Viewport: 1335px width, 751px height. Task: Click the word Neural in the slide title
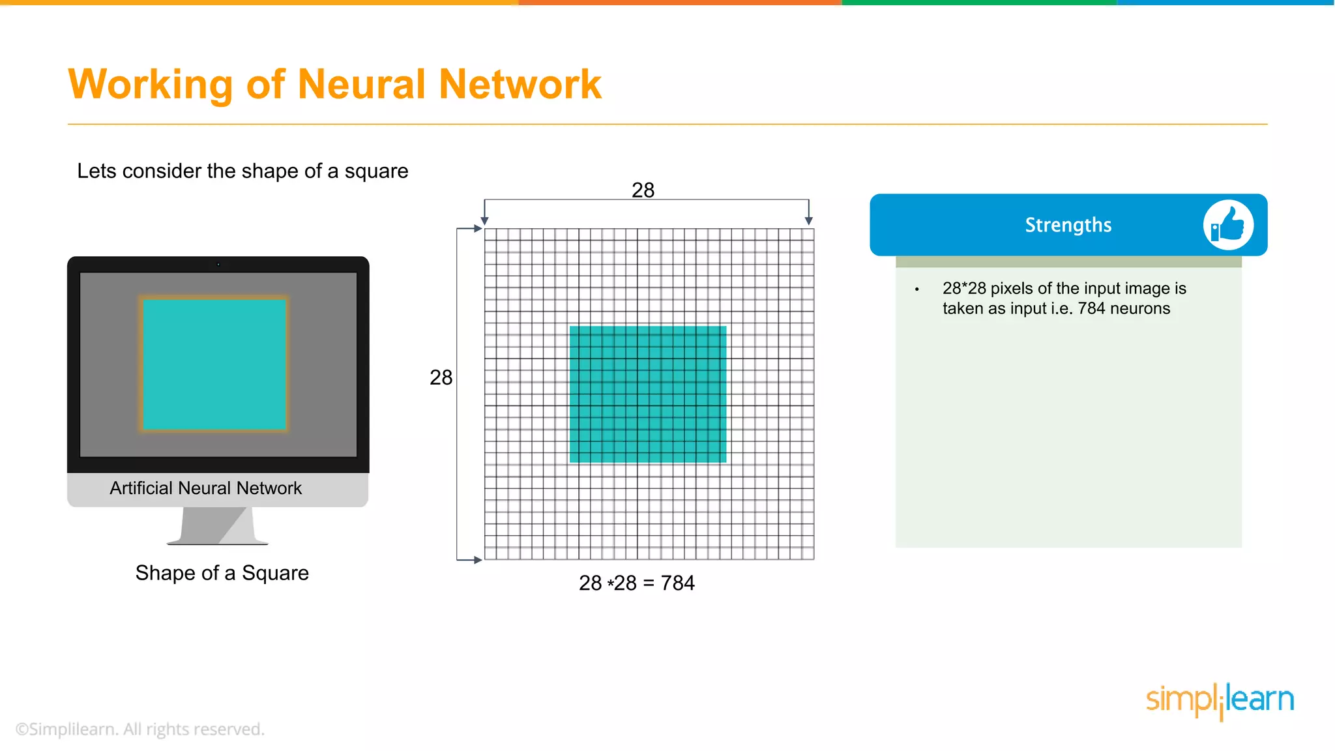coord(362,84)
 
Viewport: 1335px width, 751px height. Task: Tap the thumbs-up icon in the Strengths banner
coord(1228,225)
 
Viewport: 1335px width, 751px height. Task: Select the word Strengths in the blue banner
coord(1068,225)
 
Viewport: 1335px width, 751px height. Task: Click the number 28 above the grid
coord(643,190)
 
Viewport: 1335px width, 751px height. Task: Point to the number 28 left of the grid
coord(441,377)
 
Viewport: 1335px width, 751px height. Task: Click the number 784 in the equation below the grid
coord(678,583)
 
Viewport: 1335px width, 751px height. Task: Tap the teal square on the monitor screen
coord(214,364)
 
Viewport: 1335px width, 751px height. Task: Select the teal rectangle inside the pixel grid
coord(648,394)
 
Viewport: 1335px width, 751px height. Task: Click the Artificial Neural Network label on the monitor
coord(205,488)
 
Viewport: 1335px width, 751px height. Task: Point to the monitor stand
coord(217,525)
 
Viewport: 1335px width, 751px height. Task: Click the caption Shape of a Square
coord(222,573)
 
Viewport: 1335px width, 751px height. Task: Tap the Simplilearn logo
coord(1220,701)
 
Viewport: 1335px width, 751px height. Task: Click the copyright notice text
coord(140,729)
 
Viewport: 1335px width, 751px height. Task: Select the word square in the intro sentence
coord(376,171)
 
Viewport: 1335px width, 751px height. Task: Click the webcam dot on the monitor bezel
coord(218,265)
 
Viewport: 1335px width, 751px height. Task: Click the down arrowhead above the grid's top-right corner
coord(808,221)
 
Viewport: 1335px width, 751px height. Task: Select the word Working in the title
coord(150,84)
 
